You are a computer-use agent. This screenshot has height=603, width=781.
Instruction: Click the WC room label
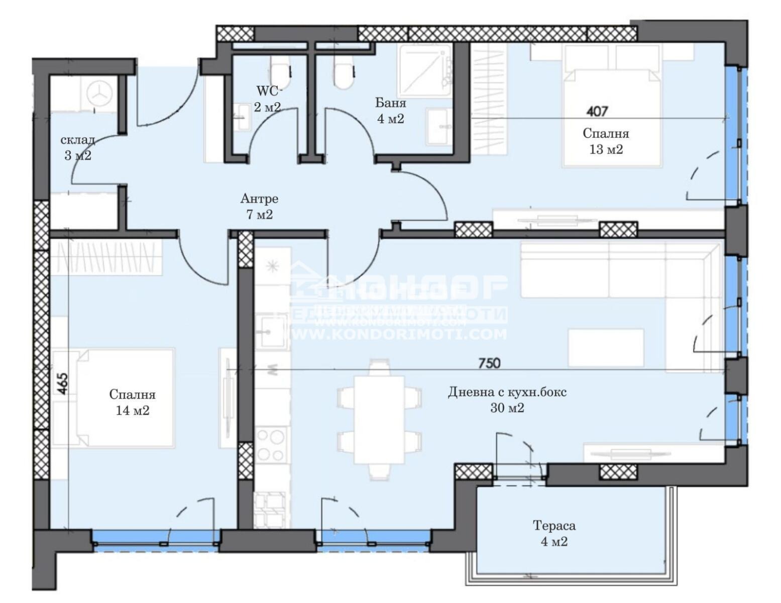[x=268, y=98]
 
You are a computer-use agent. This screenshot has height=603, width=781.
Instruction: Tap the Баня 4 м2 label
[x=390, y=111]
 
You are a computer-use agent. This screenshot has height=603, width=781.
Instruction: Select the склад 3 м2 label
[x=77, y=148]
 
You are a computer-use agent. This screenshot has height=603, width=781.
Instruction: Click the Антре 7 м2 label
[x=259, y=207]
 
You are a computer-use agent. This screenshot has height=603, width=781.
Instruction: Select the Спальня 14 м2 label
[x=132, y=403]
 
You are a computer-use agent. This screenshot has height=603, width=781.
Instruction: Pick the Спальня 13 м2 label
[x=605, y=141]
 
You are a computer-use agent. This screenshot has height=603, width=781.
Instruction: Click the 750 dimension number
[x=489, y=362]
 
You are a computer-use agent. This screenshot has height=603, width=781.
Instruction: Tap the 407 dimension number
[x=597, y=111]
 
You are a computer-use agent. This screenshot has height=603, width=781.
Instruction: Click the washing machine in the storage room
[x=98, y=93]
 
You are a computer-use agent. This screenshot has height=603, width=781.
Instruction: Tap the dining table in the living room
[x=379, y=419]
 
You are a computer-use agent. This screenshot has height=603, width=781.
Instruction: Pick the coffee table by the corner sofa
[x=606, y=348]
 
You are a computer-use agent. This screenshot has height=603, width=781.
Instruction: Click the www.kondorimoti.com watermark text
[x=399, y=334]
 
